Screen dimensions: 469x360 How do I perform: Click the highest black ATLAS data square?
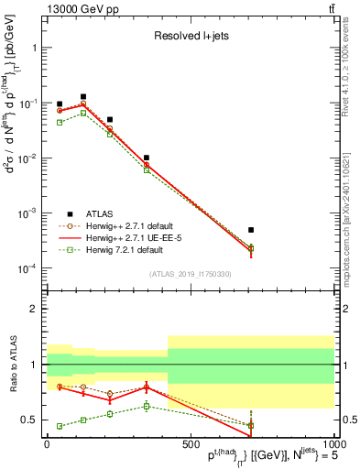point(83,96)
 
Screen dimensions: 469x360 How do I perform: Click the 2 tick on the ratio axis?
point(34,309)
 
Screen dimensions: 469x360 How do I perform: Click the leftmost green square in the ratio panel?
point(60,426)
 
